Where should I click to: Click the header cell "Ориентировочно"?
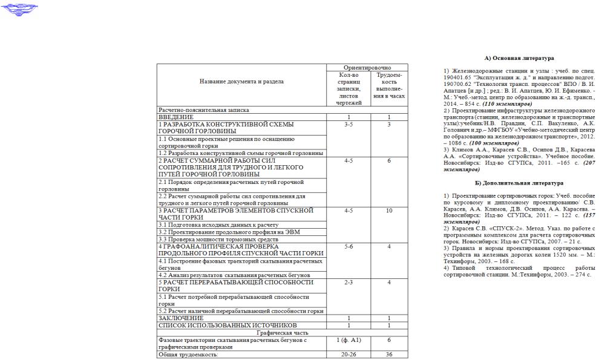[367, 67]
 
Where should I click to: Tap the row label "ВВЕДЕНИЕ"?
[176, 116]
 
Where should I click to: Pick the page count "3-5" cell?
[348, 124]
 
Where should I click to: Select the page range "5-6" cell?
[348, 246]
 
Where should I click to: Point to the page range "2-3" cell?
[348, 282]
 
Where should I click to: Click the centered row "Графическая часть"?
[282, 332]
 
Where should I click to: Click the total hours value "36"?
[389, 355]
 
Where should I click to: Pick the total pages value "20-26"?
[348, 355]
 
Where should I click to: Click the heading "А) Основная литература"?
[519, 59]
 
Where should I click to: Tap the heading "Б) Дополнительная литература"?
[519, 182]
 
